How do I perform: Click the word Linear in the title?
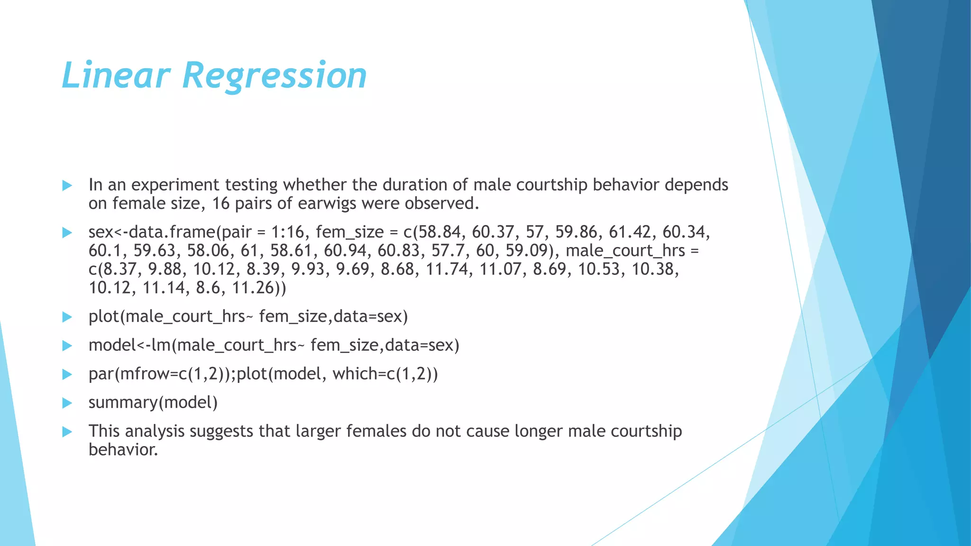pos(116,75)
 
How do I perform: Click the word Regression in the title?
pos(275,75)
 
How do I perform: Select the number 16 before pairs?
pos(220,203)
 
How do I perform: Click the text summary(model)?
pos(153,402)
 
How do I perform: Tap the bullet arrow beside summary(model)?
pos(67,403)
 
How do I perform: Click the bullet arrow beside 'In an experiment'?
pos(67,185)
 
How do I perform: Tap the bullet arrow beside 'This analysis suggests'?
pos(67,432)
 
